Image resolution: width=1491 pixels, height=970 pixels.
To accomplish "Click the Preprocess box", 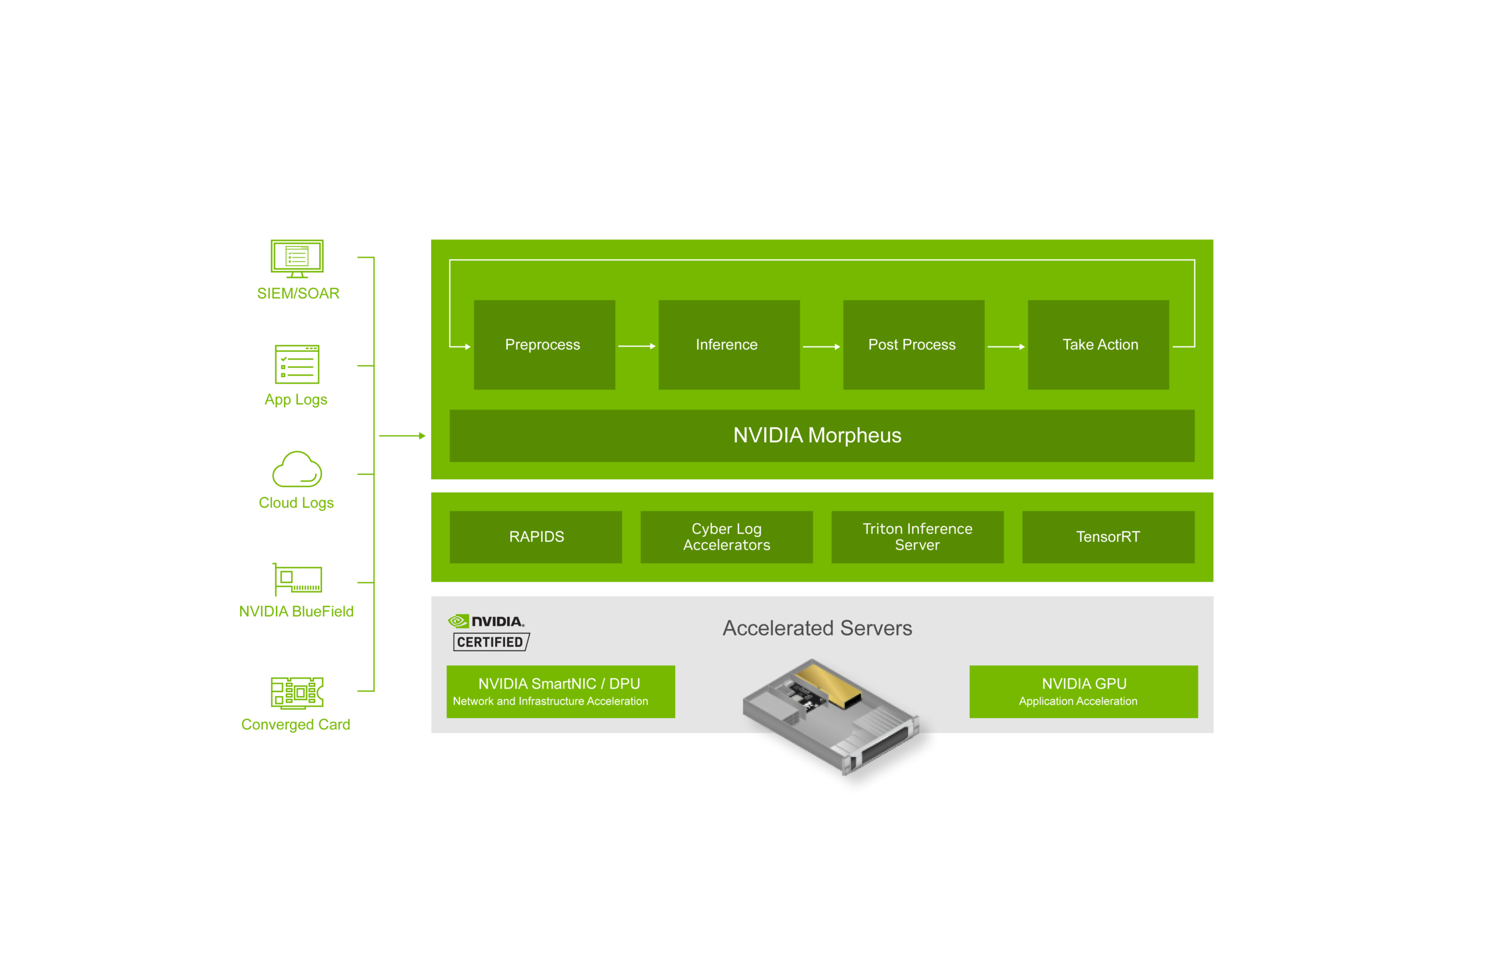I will (544, 345).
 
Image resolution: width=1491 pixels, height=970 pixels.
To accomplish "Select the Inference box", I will (729, 345).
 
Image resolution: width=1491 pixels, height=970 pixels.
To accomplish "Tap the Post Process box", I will (913, 345).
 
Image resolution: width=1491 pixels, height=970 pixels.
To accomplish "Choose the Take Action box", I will (1098, 345).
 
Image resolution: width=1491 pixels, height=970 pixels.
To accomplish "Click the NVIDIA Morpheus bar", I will (821, 436).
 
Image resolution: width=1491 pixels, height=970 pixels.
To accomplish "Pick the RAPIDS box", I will (536, 537).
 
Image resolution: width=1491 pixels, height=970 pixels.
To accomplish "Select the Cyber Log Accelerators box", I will (727, 537).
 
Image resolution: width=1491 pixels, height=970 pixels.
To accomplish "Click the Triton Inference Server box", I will (917, 537).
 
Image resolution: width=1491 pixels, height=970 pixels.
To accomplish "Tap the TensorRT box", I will (1108, 537).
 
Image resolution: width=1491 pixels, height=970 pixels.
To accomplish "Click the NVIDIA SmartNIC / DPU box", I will (561, 691).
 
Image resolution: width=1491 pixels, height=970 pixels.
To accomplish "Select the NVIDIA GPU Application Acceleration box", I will (1083, 691).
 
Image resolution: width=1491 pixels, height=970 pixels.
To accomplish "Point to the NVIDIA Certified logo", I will (489, 632).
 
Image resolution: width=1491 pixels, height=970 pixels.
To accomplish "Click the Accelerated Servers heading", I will (817, 628).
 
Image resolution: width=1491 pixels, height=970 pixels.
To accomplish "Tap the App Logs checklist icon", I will (297, 364).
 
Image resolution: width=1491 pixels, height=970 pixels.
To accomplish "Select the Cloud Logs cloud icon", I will (297, 470).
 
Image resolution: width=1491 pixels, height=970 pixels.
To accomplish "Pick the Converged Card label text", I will (296, 724).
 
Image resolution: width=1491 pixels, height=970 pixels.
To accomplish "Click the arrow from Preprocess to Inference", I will (637, 346).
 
